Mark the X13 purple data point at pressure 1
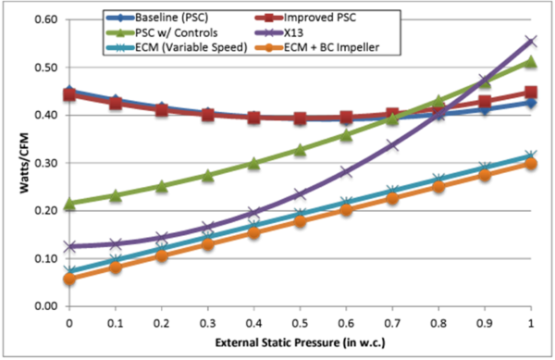529,41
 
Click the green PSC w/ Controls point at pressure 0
69,203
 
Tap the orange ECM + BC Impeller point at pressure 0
69,279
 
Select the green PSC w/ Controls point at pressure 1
529,61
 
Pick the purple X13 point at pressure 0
69,246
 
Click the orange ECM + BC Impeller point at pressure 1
529,163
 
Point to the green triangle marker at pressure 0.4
253,163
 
